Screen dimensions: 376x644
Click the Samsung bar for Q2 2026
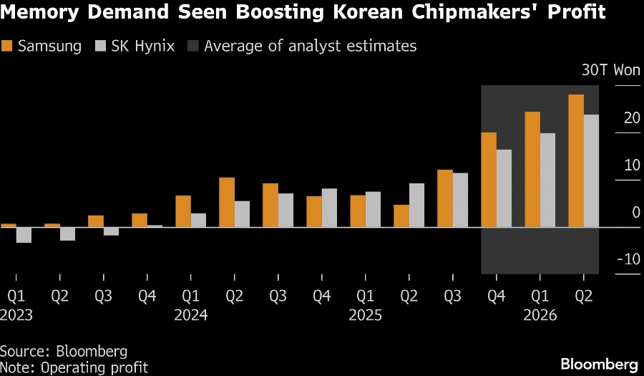click(576, 160)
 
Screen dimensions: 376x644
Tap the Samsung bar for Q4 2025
click(489, 180)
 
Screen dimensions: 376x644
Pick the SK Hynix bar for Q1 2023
click(24, 235)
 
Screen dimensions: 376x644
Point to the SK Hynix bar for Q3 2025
click(460, 200)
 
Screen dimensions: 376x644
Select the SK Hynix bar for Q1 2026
click(547, 180)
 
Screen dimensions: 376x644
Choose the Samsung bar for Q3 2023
click(96, 221)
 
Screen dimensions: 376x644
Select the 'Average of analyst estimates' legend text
click(310, 47)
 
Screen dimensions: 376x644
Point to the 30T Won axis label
click(611, 70)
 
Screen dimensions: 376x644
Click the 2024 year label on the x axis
click(190, 314)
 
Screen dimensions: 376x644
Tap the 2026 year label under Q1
click(540, 314)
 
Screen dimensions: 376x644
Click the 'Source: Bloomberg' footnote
click(64, 352)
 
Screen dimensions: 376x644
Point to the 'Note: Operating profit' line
click(74, 367)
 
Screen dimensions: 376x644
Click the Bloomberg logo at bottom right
click(600, 363)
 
